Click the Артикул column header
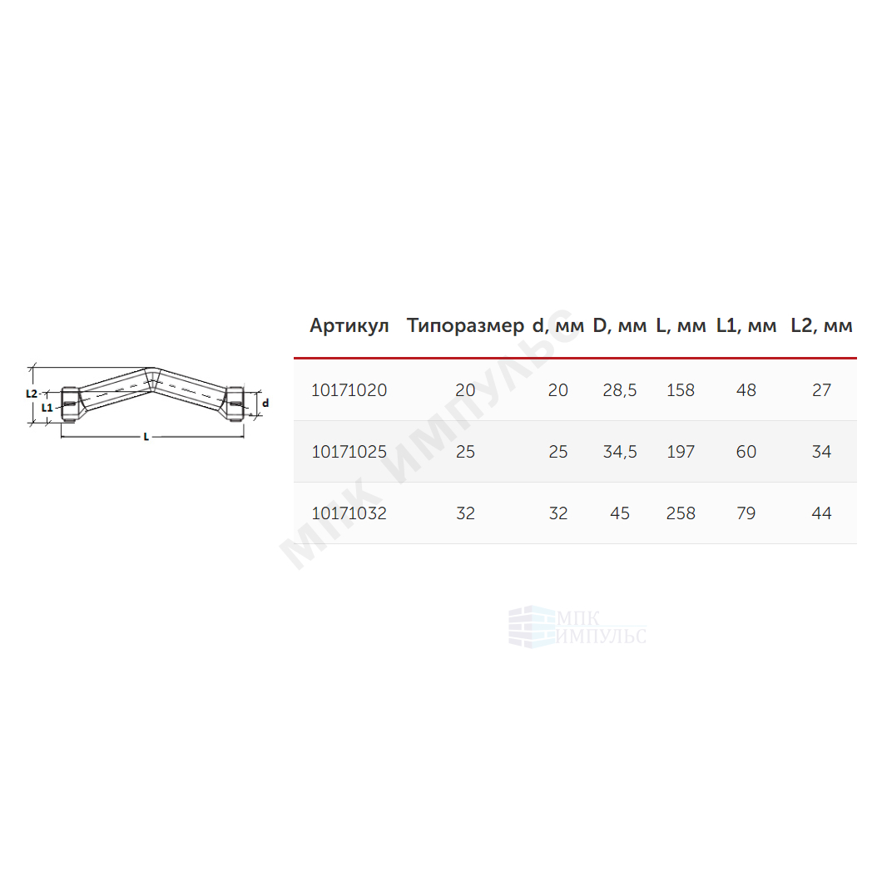[x=349, y=326]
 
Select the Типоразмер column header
[x=465, y=326]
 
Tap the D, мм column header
[x=620, y=326]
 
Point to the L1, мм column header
[x=746, y=326]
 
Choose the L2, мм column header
[x=821, y=326]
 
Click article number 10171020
[x=349, y=390]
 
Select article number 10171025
[x=349, y=452]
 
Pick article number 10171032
[x=349, y=513]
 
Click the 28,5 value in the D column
[x=620, y=390]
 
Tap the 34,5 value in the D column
[x=620, y=452]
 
